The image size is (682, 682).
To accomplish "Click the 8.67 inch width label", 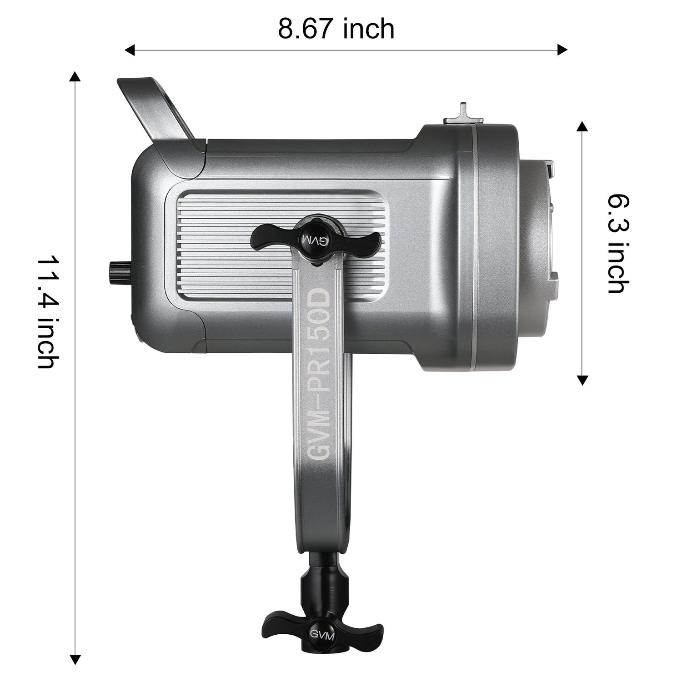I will (x=336, y=29).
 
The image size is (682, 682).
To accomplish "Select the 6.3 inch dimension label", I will (x=619, y=243).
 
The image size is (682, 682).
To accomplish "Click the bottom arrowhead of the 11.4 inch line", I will (x=75, y=659).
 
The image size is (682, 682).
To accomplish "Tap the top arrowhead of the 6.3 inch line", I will (x=582, y=126).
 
